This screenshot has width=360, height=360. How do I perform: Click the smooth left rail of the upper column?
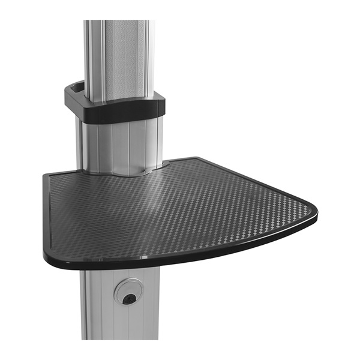pyautogui.click(x=91, y=54)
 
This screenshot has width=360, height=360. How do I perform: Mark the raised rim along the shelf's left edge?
pyautogui.click(x=47, y=210)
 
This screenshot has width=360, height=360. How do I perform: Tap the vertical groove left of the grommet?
pyautogui.click(x=102, y=300)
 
